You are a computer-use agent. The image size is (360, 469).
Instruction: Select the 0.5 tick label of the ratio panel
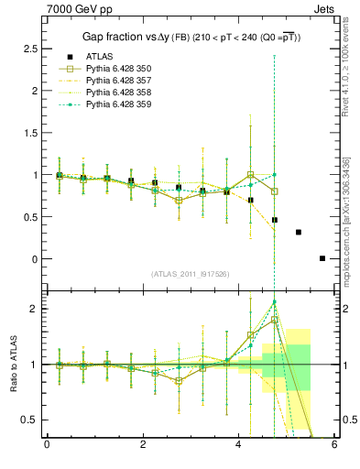pos(26,420)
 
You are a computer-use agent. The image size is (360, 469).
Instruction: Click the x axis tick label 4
pos(239,447)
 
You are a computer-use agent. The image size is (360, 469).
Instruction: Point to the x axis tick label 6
pos(334,447)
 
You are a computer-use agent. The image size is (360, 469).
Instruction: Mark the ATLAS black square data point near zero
pos(322,258)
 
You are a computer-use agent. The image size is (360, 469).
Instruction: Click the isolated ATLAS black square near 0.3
pos(299,232)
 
